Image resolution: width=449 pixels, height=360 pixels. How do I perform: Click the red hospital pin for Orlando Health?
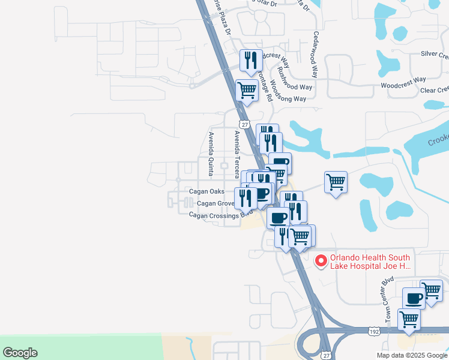coord(321,260)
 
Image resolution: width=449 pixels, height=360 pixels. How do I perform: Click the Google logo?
coord(20,353)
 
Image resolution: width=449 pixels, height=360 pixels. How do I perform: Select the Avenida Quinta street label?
coord(211,154)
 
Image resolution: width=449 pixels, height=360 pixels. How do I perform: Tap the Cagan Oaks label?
coord(206,191)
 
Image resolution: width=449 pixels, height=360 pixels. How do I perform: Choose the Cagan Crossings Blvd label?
coord(220,215)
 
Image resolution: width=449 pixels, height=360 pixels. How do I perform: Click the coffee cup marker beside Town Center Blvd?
coord(414,298)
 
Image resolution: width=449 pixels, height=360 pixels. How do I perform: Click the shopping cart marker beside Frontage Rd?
coord(247,91)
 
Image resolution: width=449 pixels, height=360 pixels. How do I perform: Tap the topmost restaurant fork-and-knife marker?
coord(251,60)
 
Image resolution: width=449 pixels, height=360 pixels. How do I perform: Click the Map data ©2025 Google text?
coord(412,355)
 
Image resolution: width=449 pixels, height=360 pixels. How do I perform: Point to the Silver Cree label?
coord(434,54)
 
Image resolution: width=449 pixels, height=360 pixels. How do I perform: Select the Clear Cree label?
coord(434,90)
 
